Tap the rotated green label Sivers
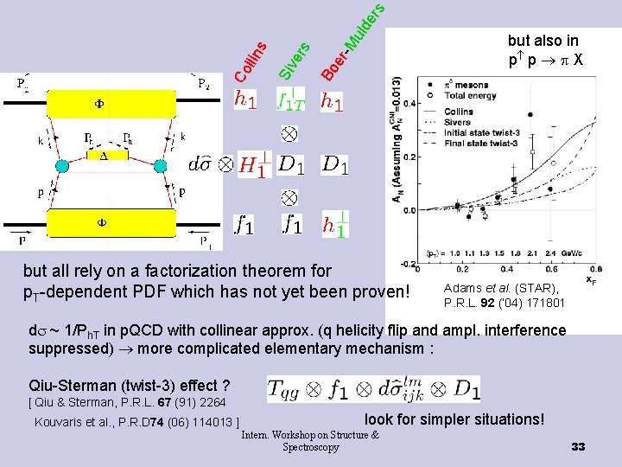point(294,59)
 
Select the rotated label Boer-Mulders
point(350,42)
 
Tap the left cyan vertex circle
point(61,165)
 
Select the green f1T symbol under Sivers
point(290,100)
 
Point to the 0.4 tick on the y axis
point(409,104)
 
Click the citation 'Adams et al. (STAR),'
point(500,289)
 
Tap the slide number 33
point(578,446)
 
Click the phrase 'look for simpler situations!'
point(454,419)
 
